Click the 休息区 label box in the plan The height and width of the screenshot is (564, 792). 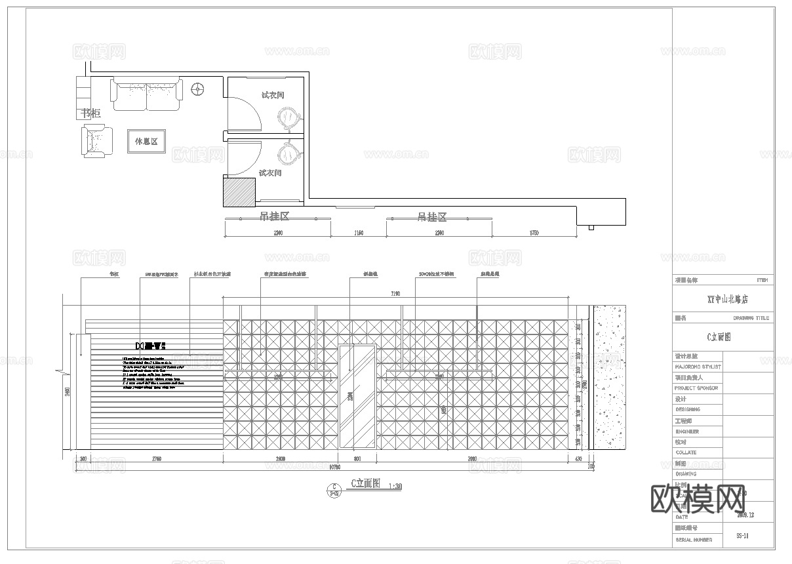(146, 141)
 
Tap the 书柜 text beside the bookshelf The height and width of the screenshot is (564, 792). (91, 113)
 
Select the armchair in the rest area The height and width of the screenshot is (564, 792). (98, 142)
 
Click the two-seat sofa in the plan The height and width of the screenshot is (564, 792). (146, 94)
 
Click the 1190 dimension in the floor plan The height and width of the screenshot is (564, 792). (358, 233)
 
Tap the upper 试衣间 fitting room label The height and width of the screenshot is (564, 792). (273, 95)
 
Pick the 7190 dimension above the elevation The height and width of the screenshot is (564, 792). (395, 294)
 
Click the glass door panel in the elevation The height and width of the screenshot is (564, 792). (357, 395)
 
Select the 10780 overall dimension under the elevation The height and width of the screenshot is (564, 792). (334, 467)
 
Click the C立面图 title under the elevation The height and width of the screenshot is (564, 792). (366, 484)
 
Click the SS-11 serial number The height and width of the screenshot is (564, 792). (742, 536)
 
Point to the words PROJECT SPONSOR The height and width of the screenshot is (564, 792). (696, 388)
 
